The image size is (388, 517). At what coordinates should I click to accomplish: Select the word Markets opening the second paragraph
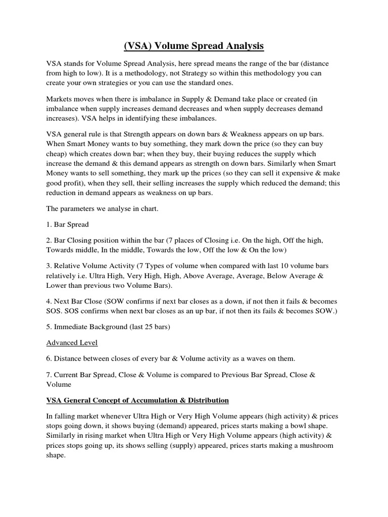point(60,100)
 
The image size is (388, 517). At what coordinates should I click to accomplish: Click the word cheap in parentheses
point(56,153)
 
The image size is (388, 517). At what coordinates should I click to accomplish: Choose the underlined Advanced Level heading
point(72,343)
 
